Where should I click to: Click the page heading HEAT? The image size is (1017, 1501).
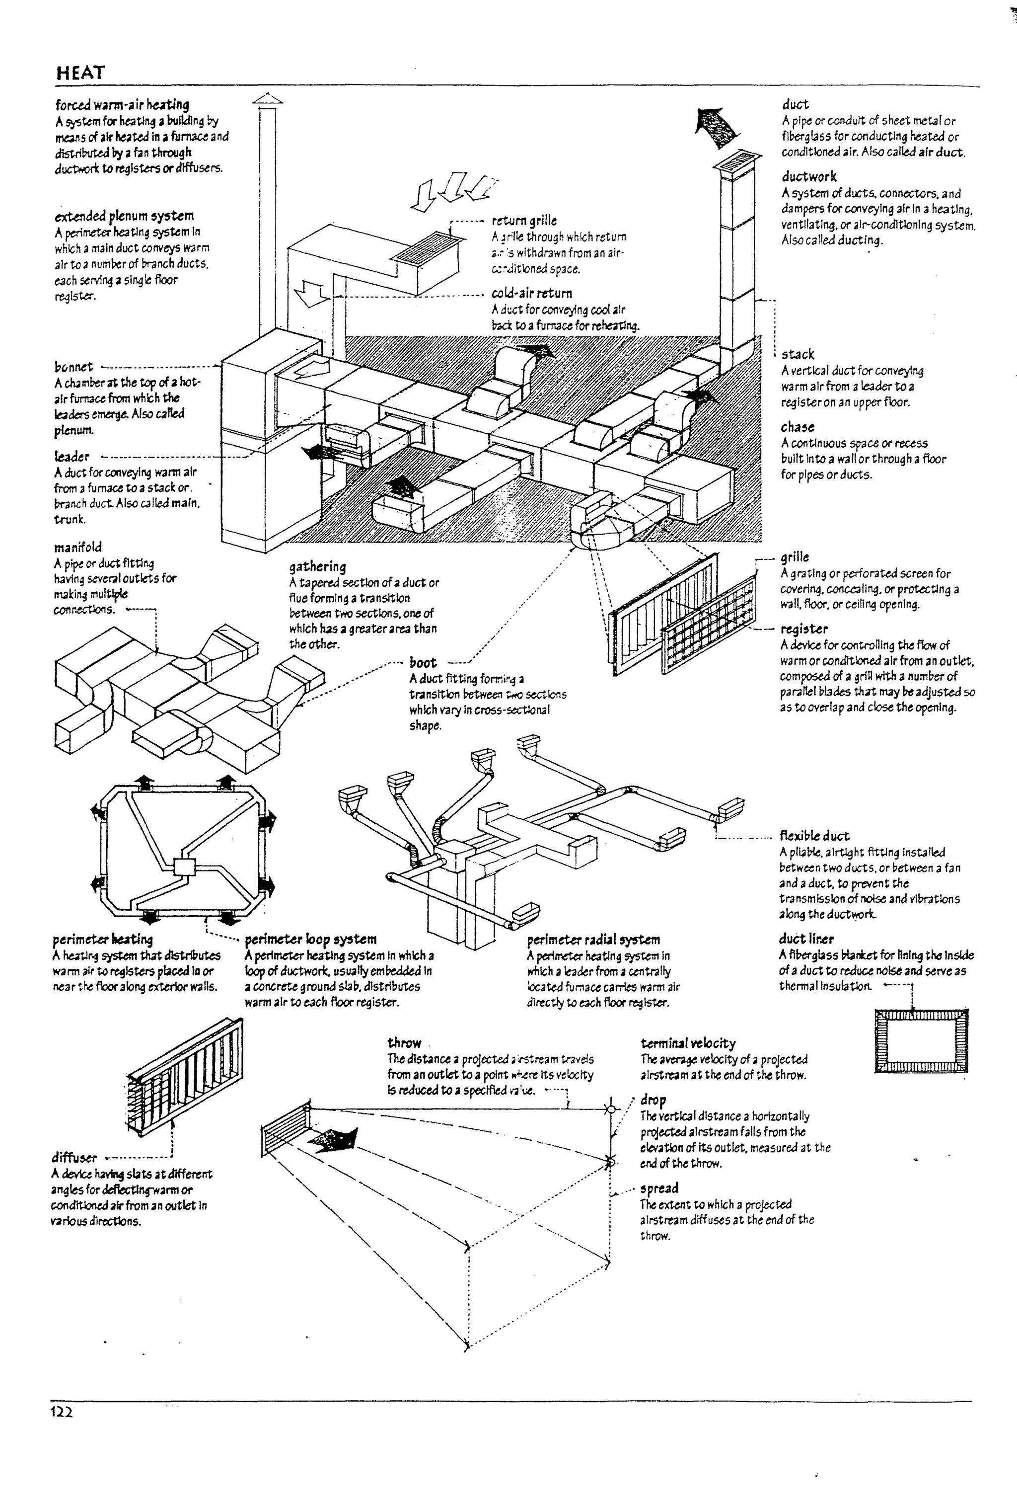80,73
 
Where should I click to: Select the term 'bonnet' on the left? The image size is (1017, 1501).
73,367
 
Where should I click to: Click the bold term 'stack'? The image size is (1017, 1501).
798,354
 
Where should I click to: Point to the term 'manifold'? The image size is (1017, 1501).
78,547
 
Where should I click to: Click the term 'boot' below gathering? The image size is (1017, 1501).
423,662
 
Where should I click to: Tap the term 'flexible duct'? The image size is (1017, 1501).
814,836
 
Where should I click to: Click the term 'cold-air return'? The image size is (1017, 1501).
531,293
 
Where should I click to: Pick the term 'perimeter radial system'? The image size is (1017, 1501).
593,940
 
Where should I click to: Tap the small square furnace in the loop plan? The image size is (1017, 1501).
185,868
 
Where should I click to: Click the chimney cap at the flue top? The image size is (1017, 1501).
267,99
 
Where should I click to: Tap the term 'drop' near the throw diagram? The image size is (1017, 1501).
653,1099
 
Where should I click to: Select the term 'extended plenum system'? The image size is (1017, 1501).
124,216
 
